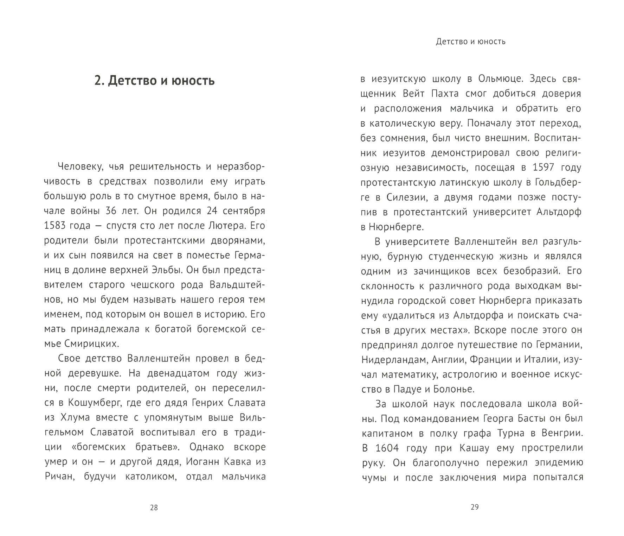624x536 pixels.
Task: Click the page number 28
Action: pos(154,507)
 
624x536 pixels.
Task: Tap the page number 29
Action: pos(474,507)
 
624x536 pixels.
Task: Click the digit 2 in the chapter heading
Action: pos(98,81)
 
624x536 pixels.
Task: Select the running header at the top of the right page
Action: pos(471,42)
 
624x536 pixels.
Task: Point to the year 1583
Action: pos(58,226)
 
